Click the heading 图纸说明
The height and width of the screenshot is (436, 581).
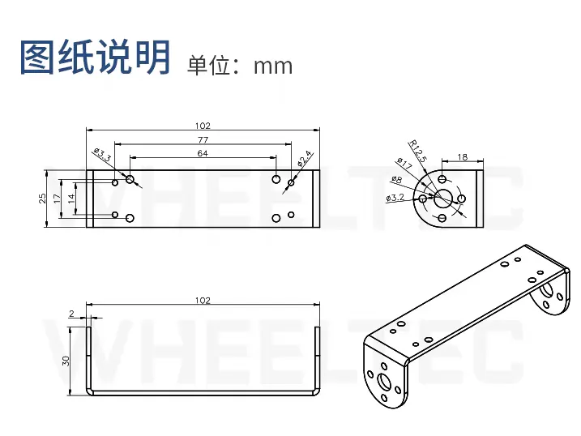click(95, 58)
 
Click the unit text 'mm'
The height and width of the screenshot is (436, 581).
click(273, 66)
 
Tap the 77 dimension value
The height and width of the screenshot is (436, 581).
click(203, 139)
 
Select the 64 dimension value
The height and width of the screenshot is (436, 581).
click(203, 153)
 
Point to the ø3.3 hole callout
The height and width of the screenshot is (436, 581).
click(103, 156)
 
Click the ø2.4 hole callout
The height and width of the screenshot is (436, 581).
click(305, 159)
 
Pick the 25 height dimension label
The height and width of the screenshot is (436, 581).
click(43, 199)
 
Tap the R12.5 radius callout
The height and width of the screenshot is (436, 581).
click(418, 151)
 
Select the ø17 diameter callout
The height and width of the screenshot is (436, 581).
click(404, 164)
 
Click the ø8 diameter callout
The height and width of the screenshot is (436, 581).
click(396, 180)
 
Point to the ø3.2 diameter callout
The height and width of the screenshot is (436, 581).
click(395, 198)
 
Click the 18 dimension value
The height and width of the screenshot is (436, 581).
click(463, 157)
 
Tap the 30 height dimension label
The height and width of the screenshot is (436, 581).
click(66, 361)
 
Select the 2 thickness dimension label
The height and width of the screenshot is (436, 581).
click(72, 314)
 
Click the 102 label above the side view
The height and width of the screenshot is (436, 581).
click(203, 301)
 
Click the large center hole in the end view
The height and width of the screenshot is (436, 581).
click(442, 199)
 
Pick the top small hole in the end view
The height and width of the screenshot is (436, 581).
click(442, 179)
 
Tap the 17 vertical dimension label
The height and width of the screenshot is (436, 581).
click(57, 199)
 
